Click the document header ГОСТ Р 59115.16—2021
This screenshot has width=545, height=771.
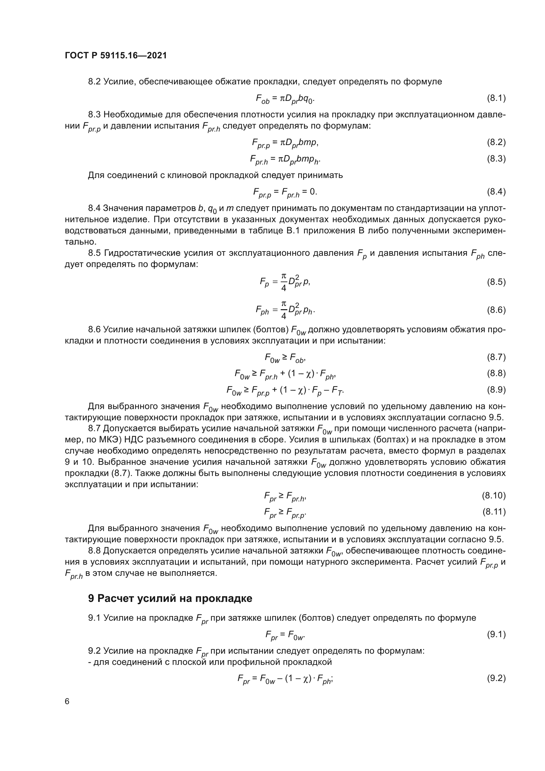point(115,55)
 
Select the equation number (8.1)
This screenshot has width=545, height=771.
point(496,98)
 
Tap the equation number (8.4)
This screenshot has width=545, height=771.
point(496,192)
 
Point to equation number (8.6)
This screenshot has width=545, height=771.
point(496,310)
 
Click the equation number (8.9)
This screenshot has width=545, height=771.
point(496,390)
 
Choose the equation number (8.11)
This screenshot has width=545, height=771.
point(494,512)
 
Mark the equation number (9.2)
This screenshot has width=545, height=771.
point(496,678)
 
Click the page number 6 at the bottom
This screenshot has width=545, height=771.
point(67,701)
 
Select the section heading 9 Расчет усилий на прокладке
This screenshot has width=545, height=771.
point(170,598)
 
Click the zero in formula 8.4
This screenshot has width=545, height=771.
point(312,192)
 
